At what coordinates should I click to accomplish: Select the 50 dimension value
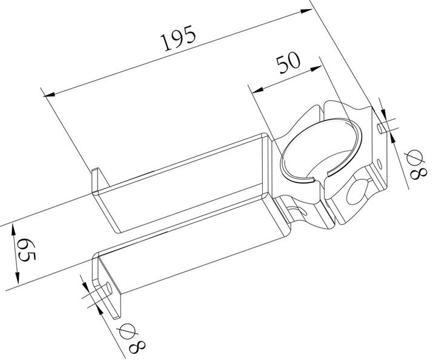click(x=288, y=64)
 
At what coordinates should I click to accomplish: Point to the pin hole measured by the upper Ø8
click(x=379, y=128)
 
